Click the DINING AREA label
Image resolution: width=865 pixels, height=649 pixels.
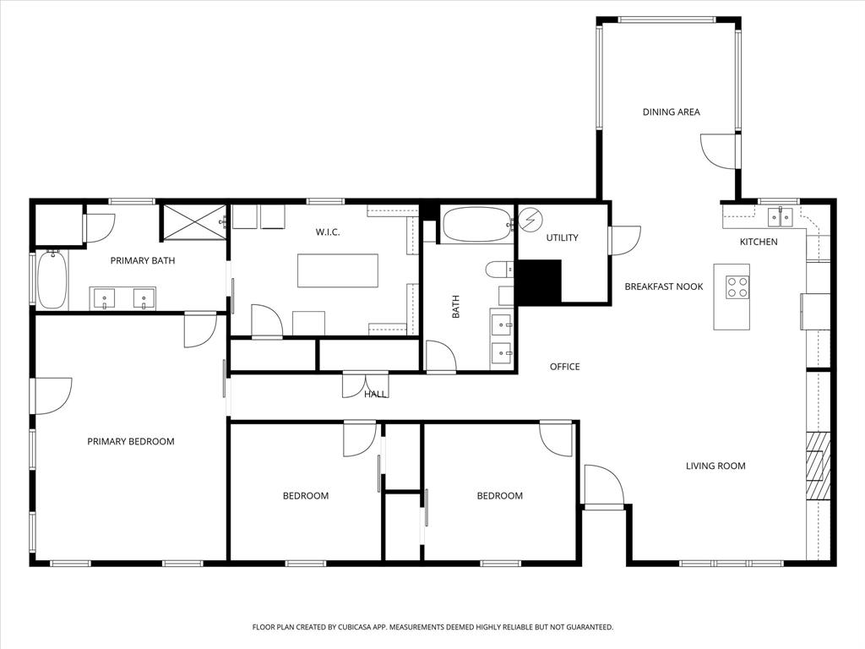(671, 112)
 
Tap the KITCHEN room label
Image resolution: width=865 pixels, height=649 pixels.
(759, 243)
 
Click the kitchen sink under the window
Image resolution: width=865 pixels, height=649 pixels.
(780, 218)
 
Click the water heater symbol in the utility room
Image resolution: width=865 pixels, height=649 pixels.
(530, 221)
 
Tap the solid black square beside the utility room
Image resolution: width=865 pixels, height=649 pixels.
(538, 281)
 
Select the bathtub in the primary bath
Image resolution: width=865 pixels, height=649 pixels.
(52, 279)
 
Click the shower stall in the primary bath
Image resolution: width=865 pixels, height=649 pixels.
(193, 221)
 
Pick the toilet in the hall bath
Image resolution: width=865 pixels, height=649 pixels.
(499, 270)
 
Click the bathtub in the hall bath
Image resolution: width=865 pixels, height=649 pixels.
(475, 225)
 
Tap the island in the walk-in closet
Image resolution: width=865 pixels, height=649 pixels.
(336, 270)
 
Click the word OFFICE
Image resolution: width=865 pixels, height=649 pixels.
(564, 367)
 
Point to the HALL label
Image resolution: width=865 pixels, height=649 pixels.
(376, 395)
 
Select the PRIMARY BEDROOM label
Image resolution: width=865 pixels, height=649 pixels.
(131, 441)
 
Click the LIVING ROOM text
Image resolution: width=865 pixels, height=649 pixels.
(715, 466)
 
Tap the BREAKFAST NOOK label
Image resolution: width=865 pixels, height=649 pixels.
(663, 286)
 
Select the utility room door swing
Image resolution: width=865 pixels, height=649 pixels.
(623, 240)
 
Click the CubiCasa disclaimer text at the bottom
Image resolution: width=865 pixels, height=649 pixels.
(432, 627)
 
